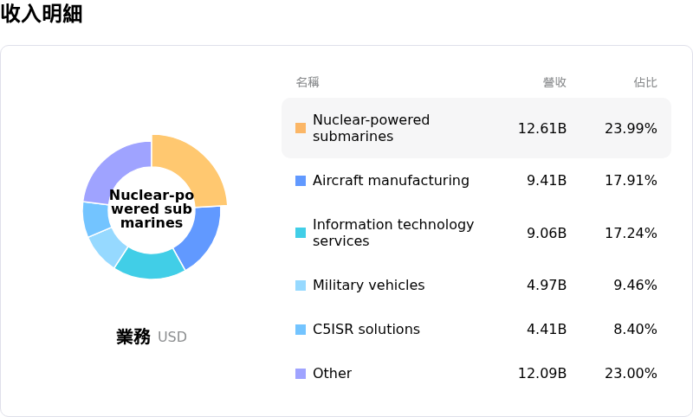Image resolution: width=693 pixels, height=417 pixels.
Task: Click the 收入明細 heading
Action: coord(42,14)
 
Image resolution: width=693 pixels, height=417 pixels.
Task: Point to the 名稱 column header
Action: coord(308,82)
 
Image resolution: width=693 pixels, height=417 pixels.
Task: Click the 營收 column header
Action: coord(554,82)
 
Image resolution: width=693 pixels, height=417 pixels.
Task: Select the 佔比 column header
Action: coord(645,82)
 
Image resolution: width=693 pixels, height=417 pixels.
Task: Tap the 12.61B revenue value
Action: coord(542,128)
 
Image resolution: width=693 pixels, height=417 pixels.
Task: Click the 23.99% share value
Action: coord(631,128)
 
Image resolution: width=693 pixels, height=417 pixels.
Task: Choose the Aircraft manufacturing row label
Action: coord(391,181)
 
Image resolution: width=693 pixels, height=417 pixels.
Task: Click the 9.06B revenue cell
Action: coord(547,233)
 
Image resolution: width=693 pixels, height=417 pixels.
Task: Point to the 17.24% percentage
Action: coord(631,233)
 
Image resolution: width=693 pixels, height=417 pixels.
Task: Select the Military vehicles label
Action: coord(368,285)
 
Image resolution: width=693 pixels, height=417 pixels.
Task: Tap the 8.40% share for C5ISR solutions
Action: coord(635,330)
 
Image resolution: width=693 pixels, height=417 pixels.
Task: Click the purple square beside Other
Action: coord(301,374)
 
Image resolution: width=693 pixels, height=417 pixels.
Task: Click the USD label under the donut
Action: coord(172,337)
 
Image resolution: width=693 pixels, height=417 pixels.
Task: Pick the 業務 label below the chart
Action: coord(133,337)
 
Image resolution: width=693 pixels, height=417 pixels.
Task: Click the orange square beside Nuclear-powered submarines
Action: coord(301,128)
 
